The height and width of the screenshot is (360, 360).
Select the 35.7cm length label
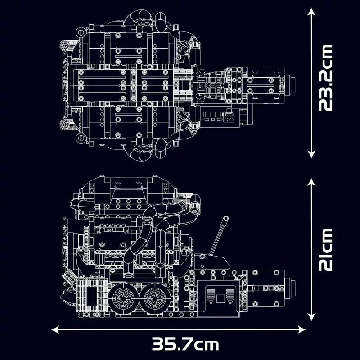pyautogui.click(x=185, y=345)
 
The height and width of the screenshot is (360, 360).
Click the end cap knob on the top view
pyautogui.click(x=292, y=84)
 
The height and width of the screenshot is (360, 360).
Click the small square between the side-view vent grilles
pyautogui.click(x=220, y=298)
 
